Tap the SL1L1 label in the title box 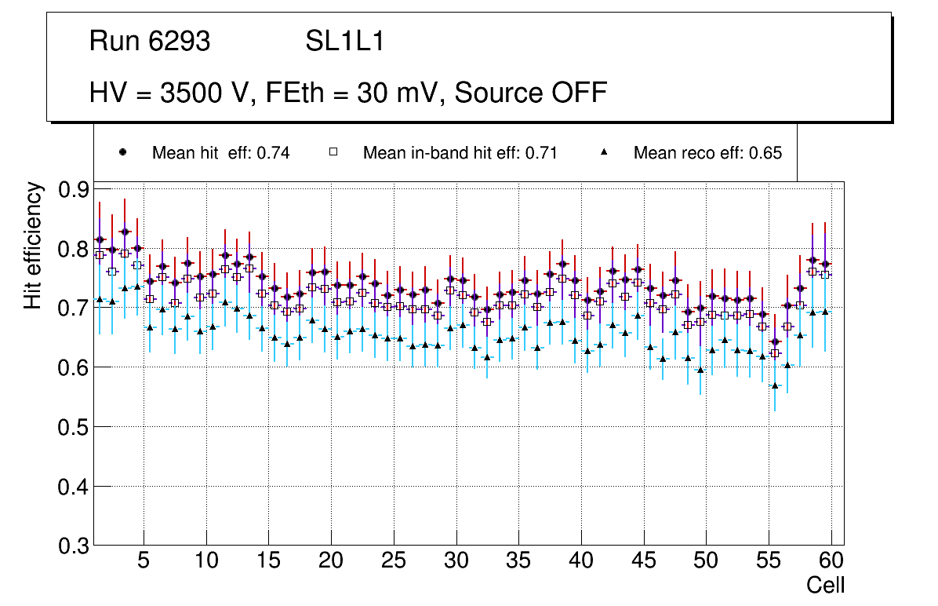345,41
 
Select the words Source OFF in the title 531,93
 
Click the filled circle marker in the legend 122,152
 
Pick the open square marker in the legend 333,152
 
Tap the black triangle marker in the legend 605,152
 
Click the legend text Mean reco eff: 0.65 707,153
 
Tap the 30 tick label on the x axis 456,561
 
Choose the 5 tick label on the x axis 143,561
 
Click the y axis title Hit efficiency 33,245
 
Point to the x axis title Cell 825,585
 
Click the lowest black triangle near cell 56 775,385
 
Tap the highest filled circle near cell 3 125,232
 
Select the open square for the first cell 100,255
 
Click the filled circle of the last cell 825,264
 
